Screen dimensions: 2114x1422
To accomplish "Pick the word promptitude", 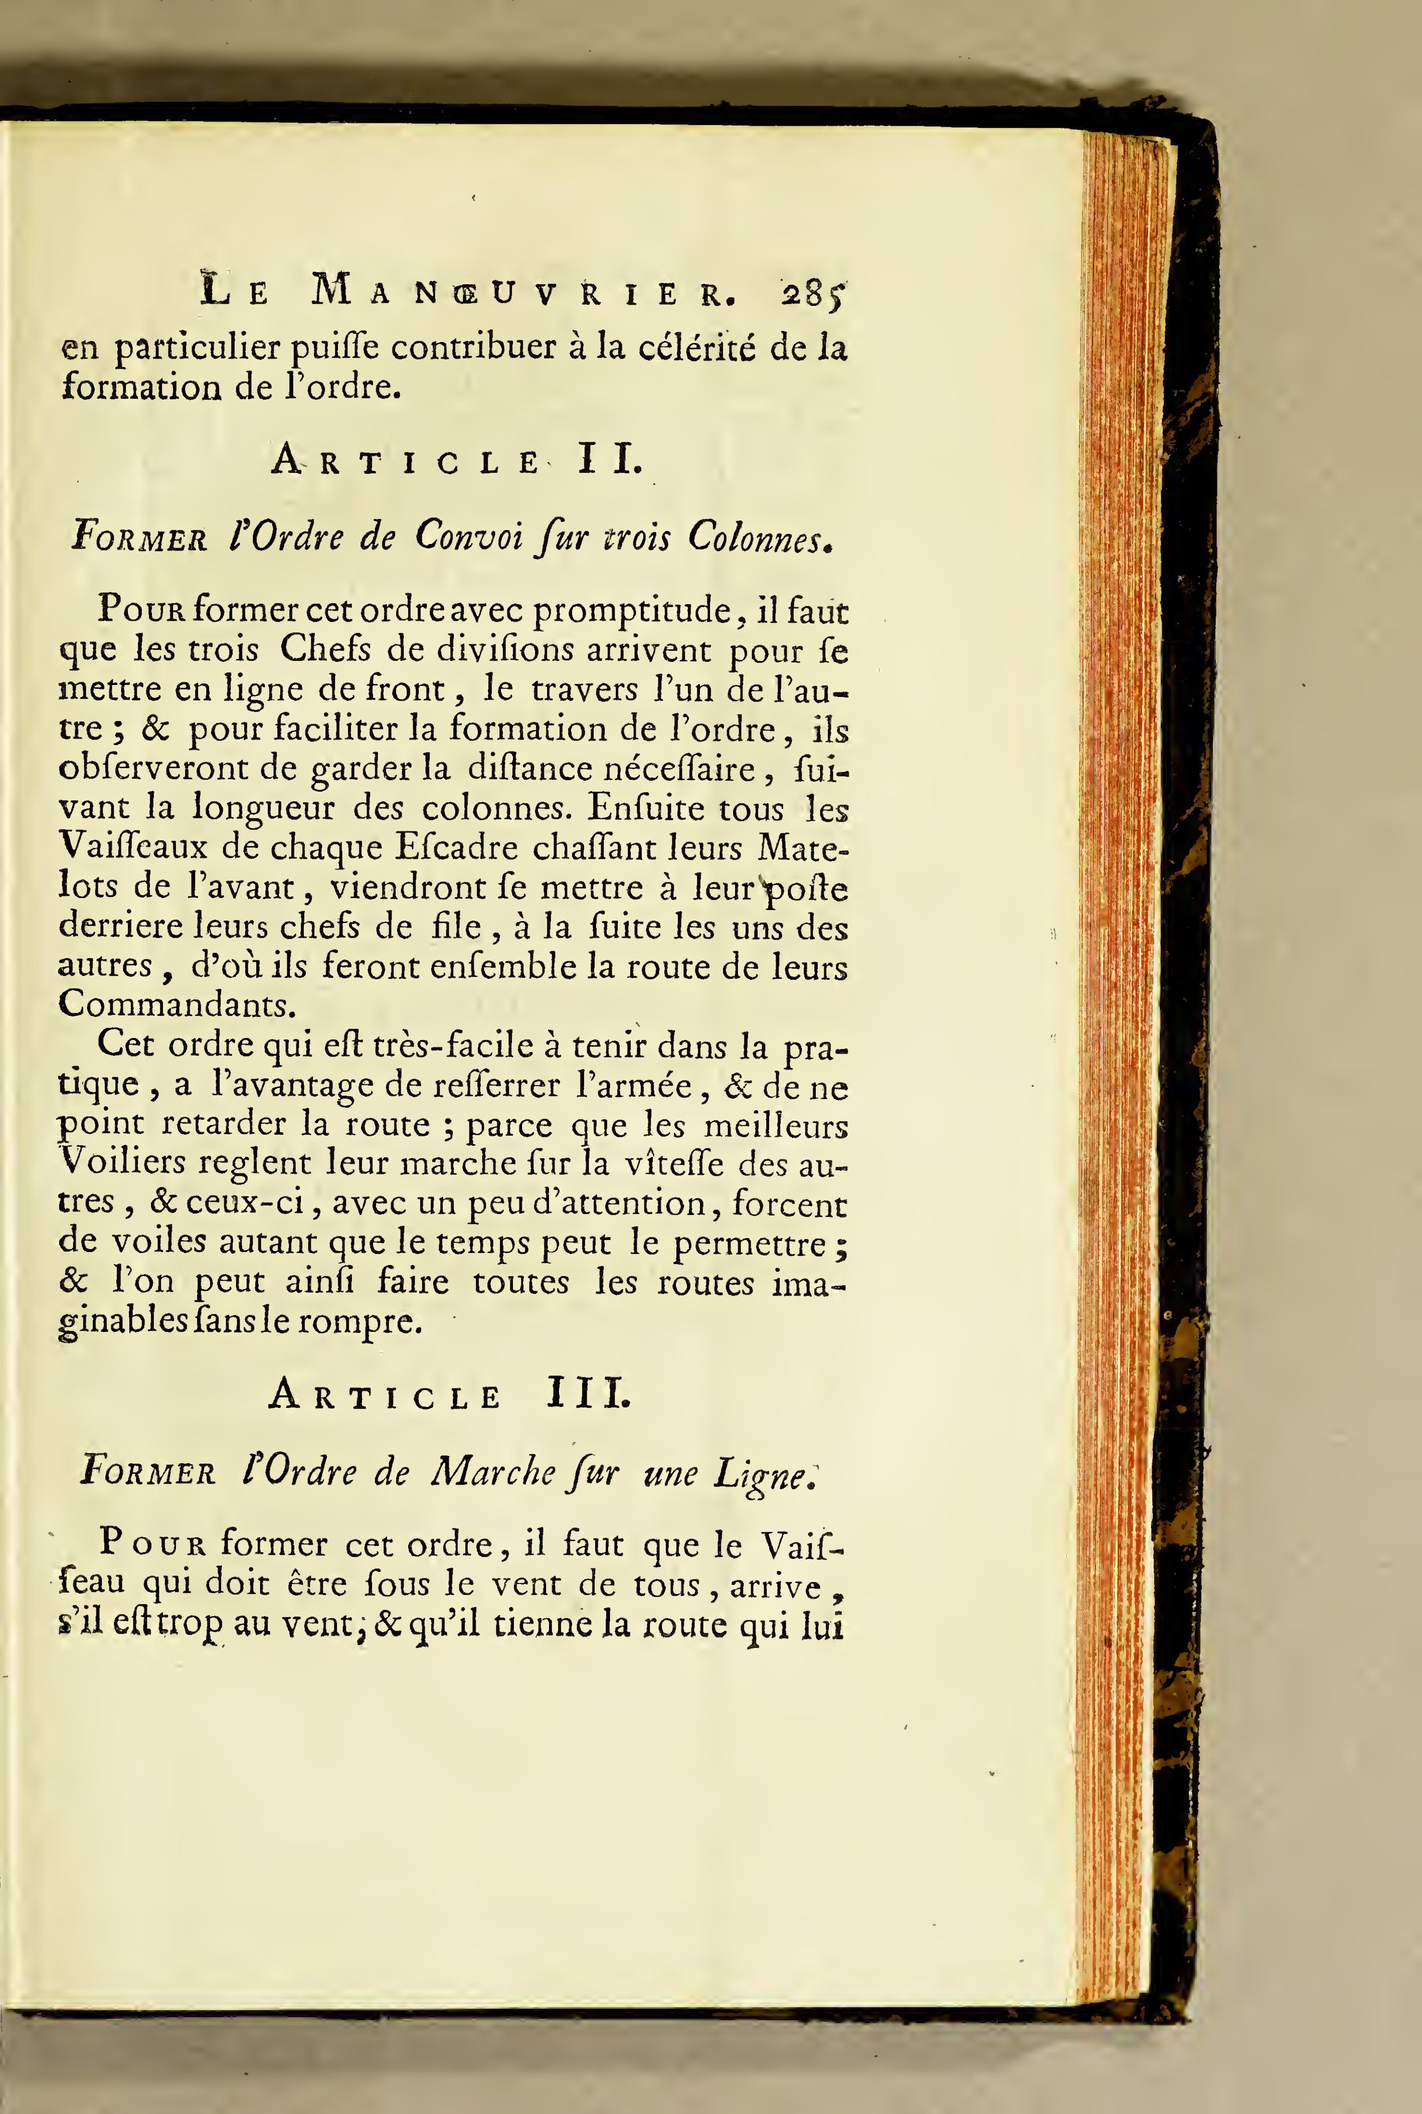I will [633, 610].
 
